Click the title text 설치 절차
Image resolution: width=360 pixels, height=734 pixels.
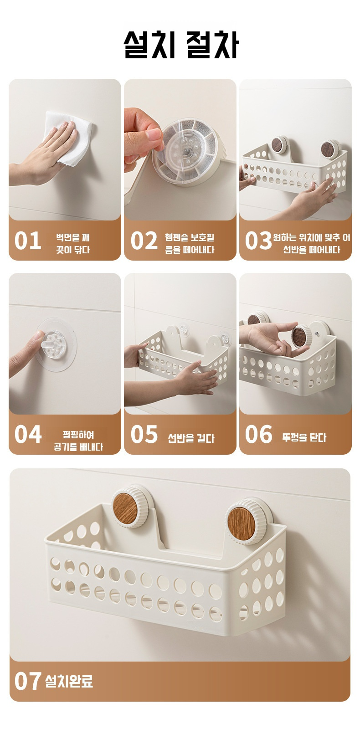[x=181, y=45]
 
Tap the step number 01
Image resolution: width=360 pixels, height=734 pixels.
[x=27, y=241]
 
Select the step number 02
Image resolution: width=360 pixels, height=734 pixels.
[x=144, y=241]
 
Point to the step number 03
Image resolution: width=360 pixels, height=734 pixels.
[x=258, y=241]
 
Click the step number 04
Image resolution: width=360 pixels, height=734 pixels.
[x=27, y=435]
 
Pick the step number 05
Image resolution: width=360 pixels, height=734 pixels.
[x=144, y=435]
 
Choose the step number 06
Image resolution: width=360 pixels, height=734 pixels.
[x=258, y=435]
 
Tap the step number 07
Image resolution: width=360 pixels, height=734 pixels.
[x=27, y=681]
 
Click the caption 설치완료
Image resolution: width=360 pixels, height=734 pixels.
[x=69, y=681]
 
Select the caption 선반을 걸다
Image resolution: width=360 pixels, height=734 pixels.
[x=191, y=438]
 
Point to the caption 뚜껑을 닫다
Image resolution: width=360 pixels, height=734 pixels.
[x=304, y=437]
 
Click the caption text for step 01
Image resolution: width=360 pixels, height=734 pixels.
[x=73, y=243]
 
